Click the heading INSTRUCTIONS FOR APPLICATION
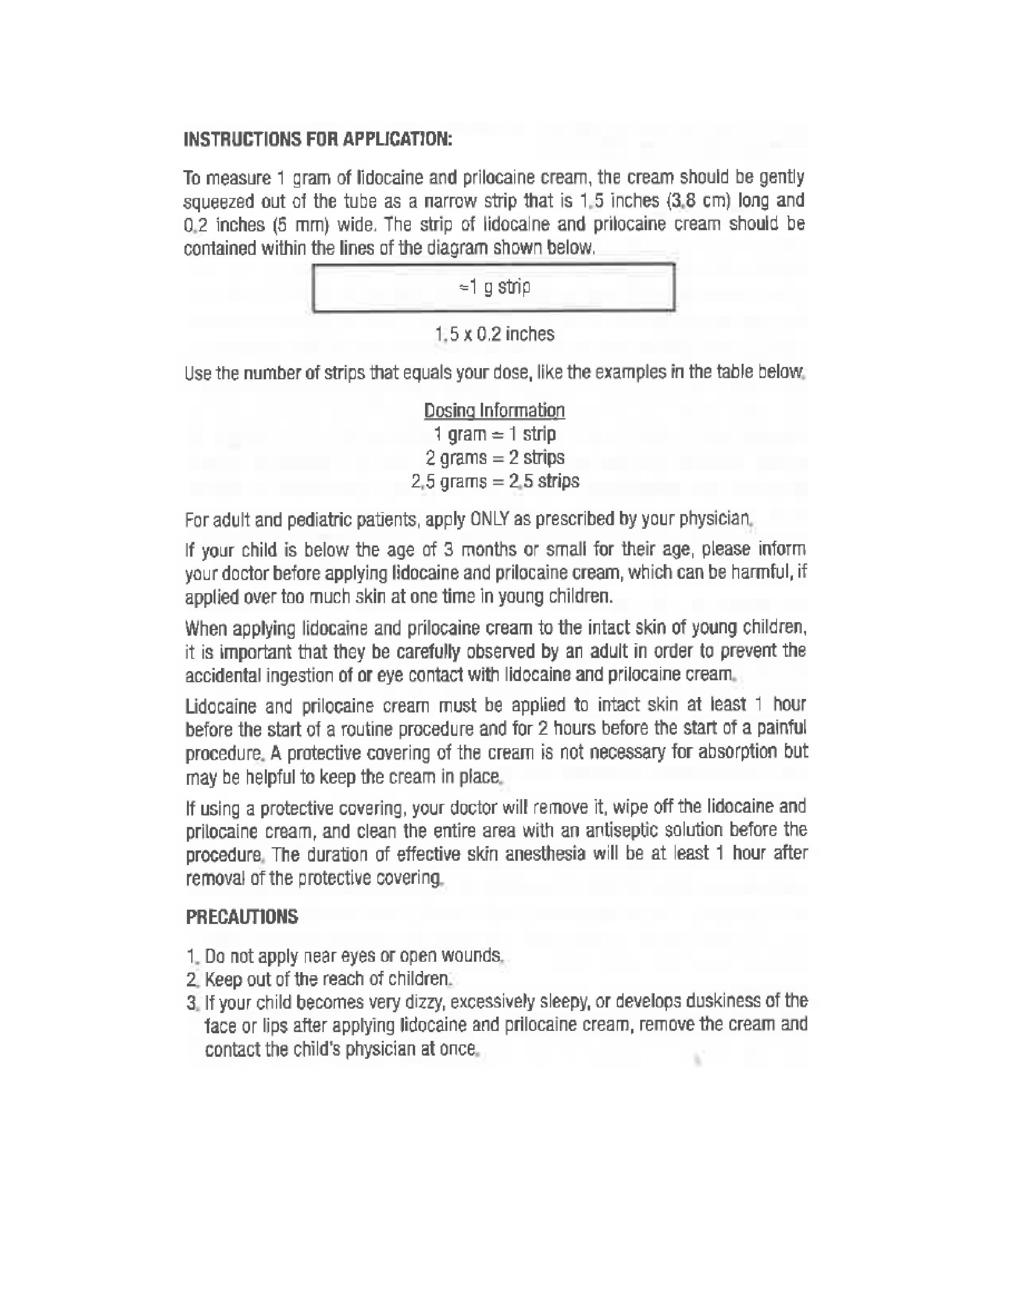point(317,140)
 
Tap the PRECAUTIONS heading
point(241,917)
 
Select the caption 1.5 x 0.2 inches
point(494,334)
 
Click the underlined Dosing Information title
point(494,411)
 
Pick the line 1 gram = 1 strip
point(494,434)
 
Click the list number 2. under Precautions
point(192,979)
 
